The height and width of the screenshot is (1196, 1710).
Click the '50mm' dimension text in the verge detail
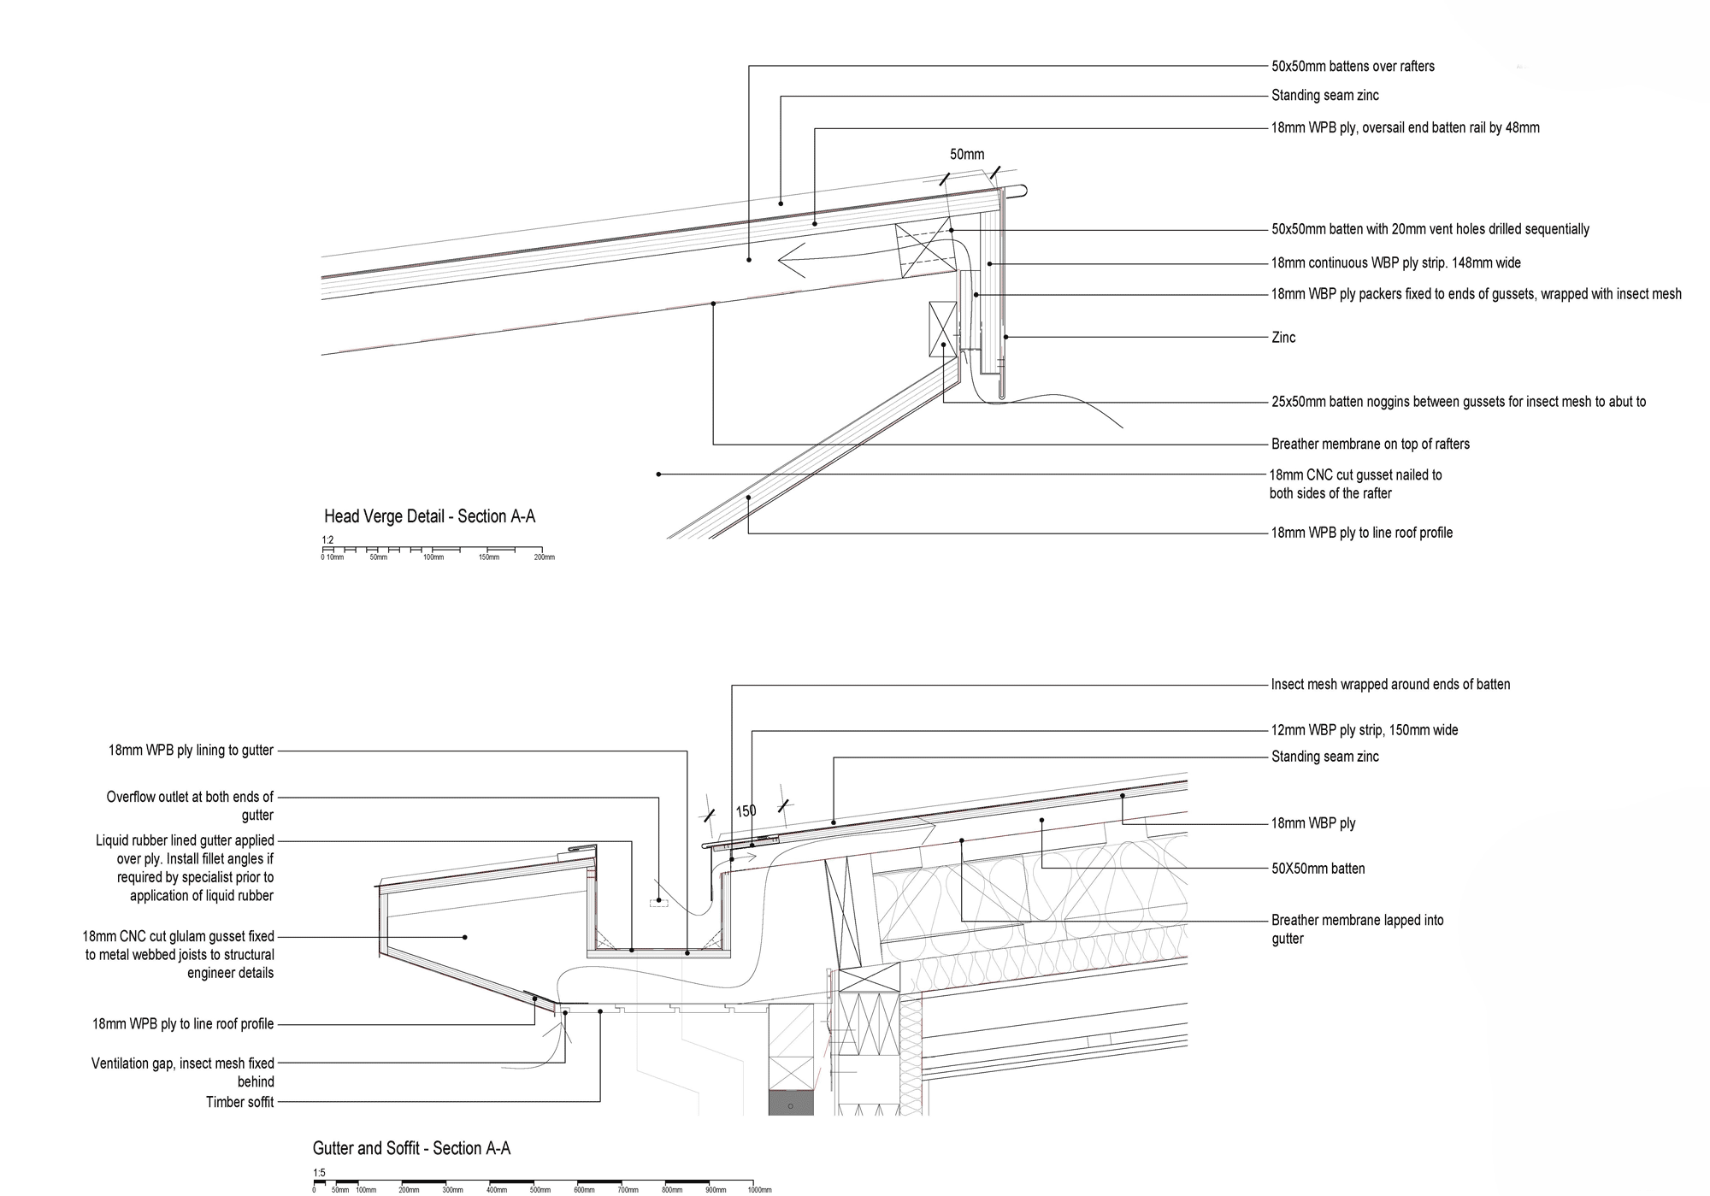(x=967, y=155)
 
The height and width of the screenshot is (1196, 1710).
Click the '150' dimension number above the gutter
(x=746, y=811)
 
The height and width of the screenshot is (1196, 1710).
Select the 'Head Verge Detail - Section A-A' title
(x=429, y=516)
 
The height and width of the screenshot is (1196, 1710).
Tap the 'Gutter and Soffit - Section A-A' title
(x=411, y=1148)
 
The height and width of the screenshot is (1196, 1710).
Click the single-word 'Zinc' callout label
(x=1283, y=338)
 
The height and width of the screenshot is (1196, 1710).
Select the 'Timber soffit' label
(x=239, y=1102)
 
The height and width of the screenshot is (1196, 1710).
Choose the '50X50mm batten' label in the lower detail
(x=1318, y=869)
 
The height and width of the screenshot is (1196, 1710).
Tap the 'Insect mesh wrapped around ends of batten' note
(x=1390, y=685)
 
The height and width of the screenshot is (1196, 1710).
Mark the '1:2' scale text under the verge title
(x=327, y=540)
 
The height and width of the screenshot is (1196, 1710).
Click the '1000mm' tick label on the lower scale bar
(x=759, y=1190)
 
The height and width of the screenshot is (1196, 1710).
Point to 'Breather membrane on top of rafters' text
(x=1370, y=444)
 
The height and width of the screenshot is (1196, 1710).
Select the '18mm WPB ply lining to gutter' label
(x=191, y=751)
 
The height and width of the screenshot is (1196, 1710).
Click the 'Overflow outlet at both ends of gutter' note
(x=190, y=806)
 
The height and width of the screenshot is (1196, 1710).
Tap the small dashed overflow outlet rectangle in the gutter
(x=658, y=902)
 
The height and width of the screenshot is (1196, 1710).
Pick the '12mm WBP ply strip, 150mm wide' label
(x=1364, y=730)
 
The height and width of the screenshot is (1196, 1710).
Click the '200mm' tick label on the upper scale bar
(x=544, y=557)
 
